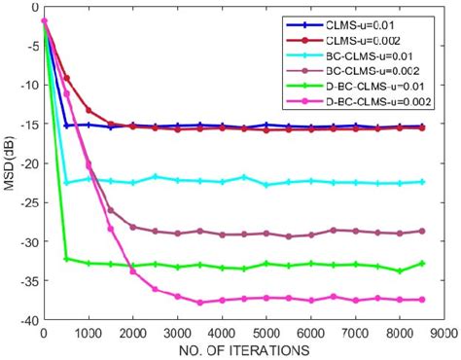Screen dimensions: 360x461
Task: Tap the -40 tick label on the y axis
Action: [x=25, y=320]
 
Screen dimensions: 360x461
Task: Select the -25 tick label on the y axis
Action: [x=25, y=202]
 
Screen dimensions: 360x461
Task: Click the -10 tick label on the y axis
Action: [x=25, y=85]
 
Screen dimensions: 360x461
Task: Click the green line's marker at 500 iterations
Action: [x=66, y=259]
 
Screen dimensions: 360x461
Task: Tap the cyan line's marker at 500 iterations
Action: [x=66, y=182]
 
